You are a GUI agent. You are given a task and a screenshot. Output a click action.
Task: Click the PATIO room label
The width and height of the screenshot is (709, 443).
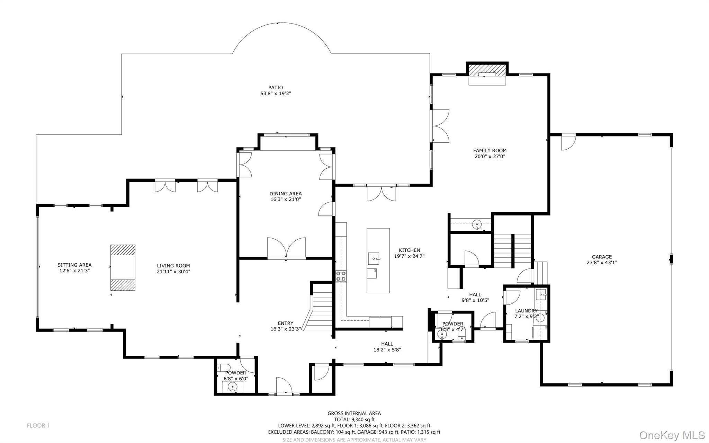tap(275, 88)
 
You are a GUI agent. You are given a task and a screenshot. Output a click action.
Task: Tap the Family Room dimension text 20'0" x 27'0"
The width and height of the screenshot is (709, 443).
tap(490, 156)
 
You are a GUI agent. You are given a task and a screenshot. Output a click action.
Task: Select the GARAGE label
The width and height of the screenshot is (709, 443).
tap(602, 257)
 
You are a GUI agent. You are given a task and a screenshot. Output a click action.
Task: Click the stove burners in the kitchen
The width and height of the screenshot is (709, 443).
tap(341, 276)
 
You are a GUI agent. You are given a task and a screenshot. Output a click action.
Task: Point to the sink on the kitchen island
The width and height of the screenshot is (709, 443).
tap(374, 257)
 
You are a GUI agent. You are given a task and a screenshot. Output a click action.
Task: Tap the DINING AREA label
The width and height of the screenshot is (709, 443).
tap(285, 194)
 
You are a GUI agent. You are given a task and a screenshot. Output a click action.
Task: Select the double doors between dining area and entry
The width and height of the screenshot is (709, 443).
tap(286, 248)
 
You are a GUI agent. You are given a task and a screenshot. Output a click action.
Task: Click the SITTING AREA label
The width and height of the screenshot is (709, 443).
tap(74, 265)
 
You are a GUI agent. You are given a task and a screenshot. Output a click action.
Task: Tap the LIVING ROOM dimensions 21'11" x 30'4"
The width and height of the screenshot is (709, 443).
tap(173, 272)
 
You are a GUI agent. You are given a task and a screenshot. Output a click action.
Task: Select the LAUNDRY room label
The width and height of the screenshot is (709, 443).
tap(526, 311)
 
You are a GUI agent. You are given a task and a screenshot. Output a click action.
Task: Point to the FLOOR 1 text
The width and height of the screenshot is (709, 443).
tap(38, 425)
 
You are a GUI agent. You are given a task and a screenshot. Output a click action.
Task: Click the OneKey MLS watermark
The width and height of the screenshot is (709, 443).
tap(672, 435)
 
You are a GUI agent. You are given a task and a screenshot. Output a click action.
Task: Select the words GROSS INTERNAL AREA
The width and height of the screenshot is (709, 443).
tap(354, 413)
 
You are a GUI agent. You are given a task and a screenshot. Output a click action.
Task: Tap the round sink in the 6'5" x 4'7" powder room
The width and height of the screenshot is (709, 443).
tap(442, 335)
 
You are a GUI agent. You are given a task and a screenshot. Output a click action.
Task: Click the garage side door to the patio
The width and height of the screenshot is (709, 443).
tap(568, 142)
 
